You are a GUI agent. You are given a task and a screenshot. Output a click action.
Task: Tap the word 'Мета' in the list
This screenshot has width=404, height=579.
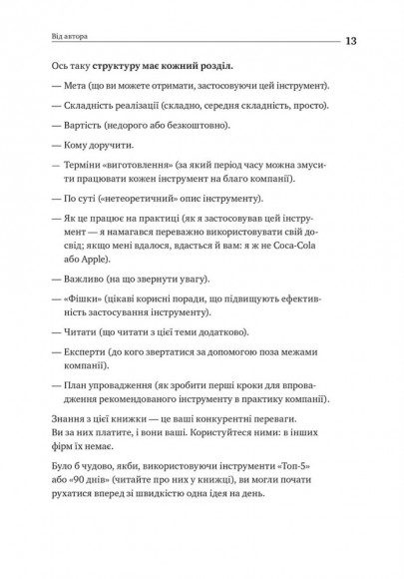[74, 88]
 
